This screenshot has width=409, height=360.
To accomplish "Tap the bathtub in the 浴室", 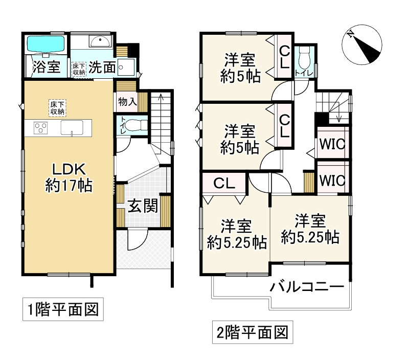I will click(44, 43).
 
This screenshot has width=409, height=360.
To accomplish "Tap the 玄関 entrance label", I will click(140, 208).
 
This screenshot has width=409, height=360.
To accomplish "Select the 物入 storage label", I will click(127, 101).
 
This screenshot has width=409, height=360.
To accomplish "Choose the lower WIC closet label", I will click(332, 181).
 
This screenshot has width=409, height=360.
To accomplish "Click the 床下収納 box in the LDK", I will click(57, 107).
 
